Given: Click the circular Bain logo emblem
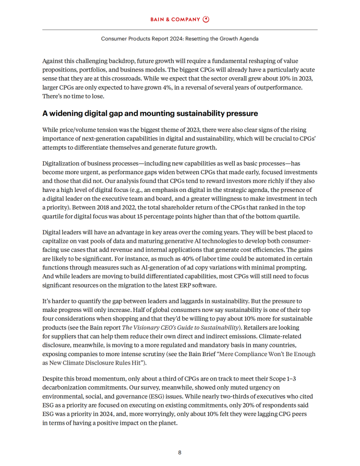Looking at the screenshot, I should pos(206,19).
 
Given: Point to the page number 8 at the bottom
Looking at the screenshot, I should pos(180,453).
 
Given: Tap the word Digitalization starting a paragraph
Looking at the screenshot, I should pos(62,164).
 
